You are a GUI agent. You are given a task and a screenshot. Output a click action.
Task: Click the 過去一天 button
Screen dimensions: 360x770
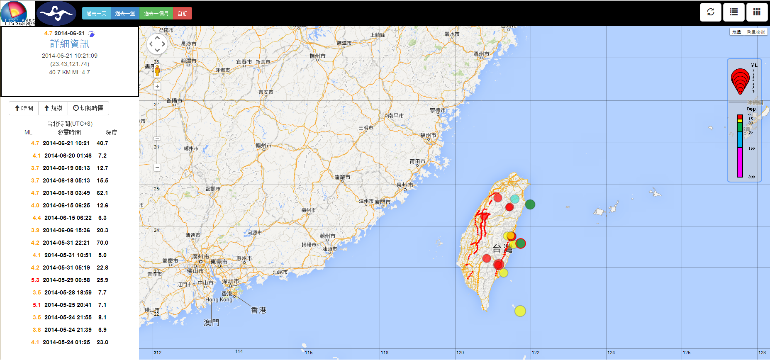(x=96, y=13)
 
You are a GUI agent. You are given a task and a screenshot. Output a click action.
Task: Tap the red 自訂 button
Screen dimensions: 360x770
(x=182, y=13)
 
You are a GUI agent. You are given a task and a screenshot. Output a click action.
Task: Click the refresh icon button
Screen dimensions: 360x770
(x=711, y=12)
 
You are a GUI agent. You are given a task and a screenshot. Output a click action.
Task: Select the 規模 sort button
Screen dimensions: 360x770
(x=53, y=108)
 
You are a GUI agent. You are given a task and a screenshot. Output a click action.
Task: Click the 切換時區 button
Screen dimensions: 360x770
(x=88, y=108)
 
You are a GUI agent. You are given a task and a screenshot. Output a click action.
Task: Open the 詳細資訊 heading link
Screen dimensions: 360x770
(x=69, y=44)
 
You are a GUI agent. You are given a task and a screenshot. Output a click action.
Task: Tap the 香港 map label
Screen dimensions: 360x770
(x=258, y=310)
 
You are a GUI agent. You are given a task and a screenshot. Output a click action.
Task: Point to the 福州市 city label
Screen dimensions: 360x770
(x=428, y=135)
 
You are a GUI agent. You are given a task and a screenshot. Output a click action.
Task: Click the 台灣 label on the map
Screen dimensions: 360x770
(x=502, y=248)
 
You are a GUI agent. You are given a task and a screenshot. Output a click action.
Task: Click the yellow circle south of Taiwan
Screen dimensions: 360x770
(x=520, y=311)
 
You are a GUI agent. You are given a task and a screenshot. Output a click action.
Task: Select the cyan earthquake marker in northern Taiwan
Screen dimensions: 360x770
(x=514, y=199)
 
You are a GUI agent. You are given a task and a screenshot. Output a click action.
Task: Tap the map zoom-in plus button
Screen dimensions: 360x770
(x=157, y=86)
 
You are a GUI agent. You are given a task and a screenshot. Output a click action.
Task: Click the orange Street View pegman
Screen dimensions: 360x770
(x=157, y=71)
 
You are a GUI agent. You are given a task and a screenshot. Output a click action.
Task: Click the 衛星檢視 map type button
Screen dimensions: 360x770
(x=756, y=32)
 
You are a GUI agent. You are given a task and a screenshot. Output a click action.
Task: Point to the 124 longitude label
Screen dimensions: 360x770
(x=611, y=353)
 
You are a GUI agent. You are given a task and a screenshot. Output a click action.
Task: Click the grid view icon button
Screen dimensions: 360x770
(x=757, y=12)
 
